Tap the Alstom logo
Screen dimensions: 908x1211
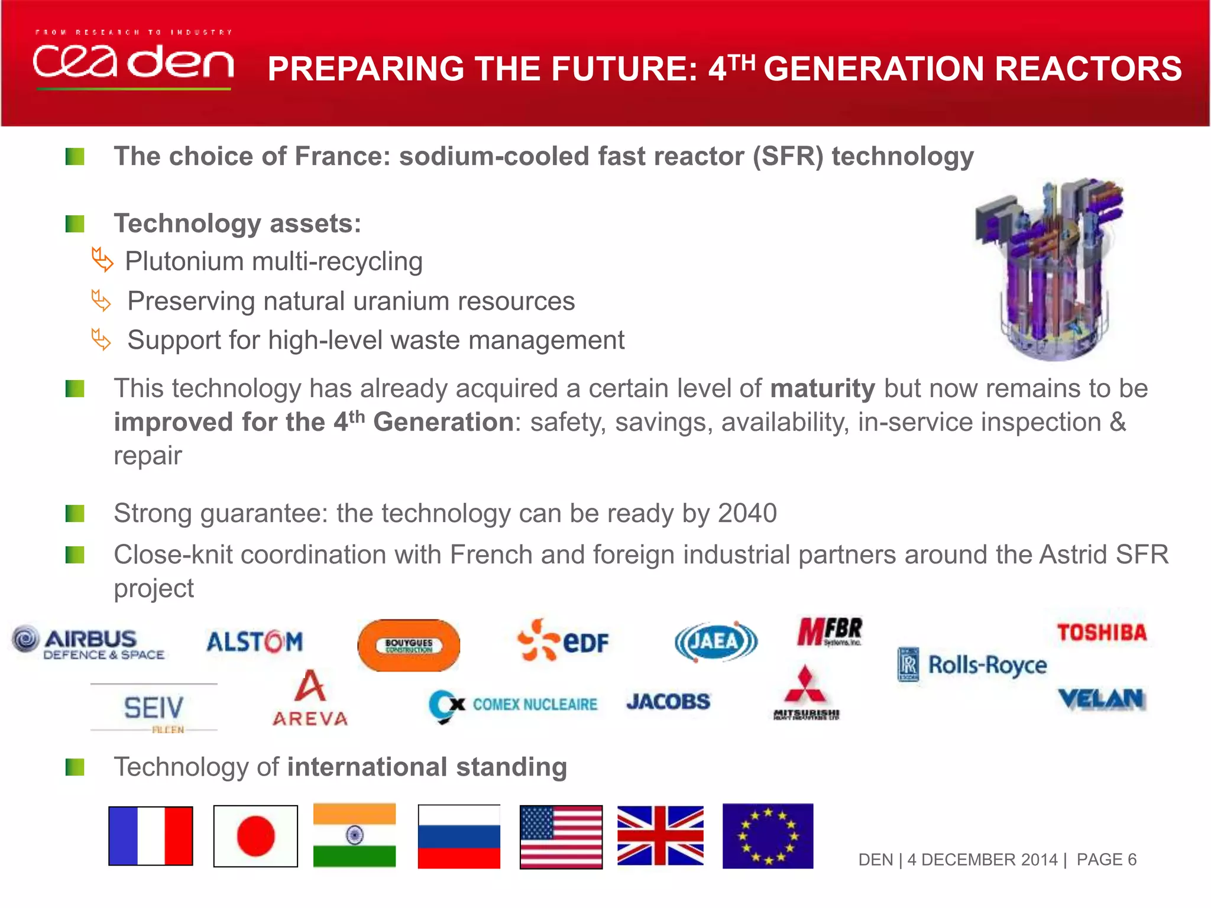tap(254, 642)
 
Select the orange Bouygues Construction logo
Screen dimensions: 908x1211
tap(409, 645)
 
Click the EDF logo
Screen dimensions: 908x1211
tap(563, 640)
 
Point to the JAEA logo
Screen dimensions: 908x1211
tap(716, 641)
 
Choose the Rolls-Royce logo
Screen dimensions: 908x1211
tap(973, 665)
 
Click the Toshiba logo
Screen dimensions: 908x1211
tap(1102, 633)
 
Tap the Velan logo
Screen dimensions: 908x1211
tap(1102, 699)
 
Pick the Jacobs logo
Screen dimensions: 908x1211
tap(668, 702)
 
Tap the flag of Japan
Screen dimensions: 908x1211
tap(255, 836)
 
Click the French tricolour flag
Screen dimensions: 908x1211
tap(151, 836)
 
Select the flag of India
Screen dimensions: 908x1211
tap(354, 835)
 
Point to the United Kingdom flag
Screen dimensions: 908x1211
tap(660, 835)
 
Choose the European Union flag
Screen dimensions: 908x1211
tap(768, 836)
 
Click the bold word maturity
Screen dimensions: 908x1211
tap(823, 388)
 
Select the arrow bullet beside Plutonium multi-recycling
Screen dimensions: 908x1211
tap(102, 260)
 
